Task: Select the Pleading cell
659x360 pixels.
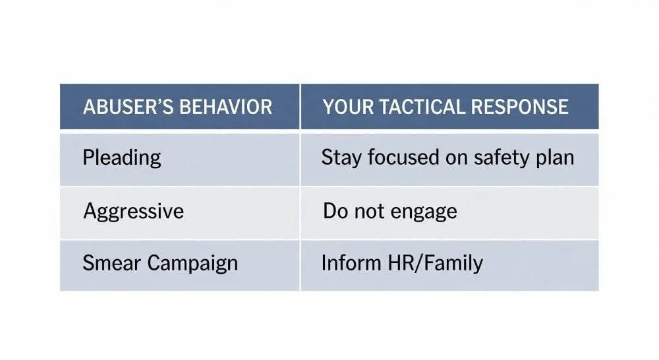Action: click(x=122, y=158)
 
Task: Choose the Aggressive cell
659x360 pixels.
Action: click(x=134, y=212)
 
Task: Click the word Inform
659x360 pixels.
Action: click(x=348, y=263)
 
